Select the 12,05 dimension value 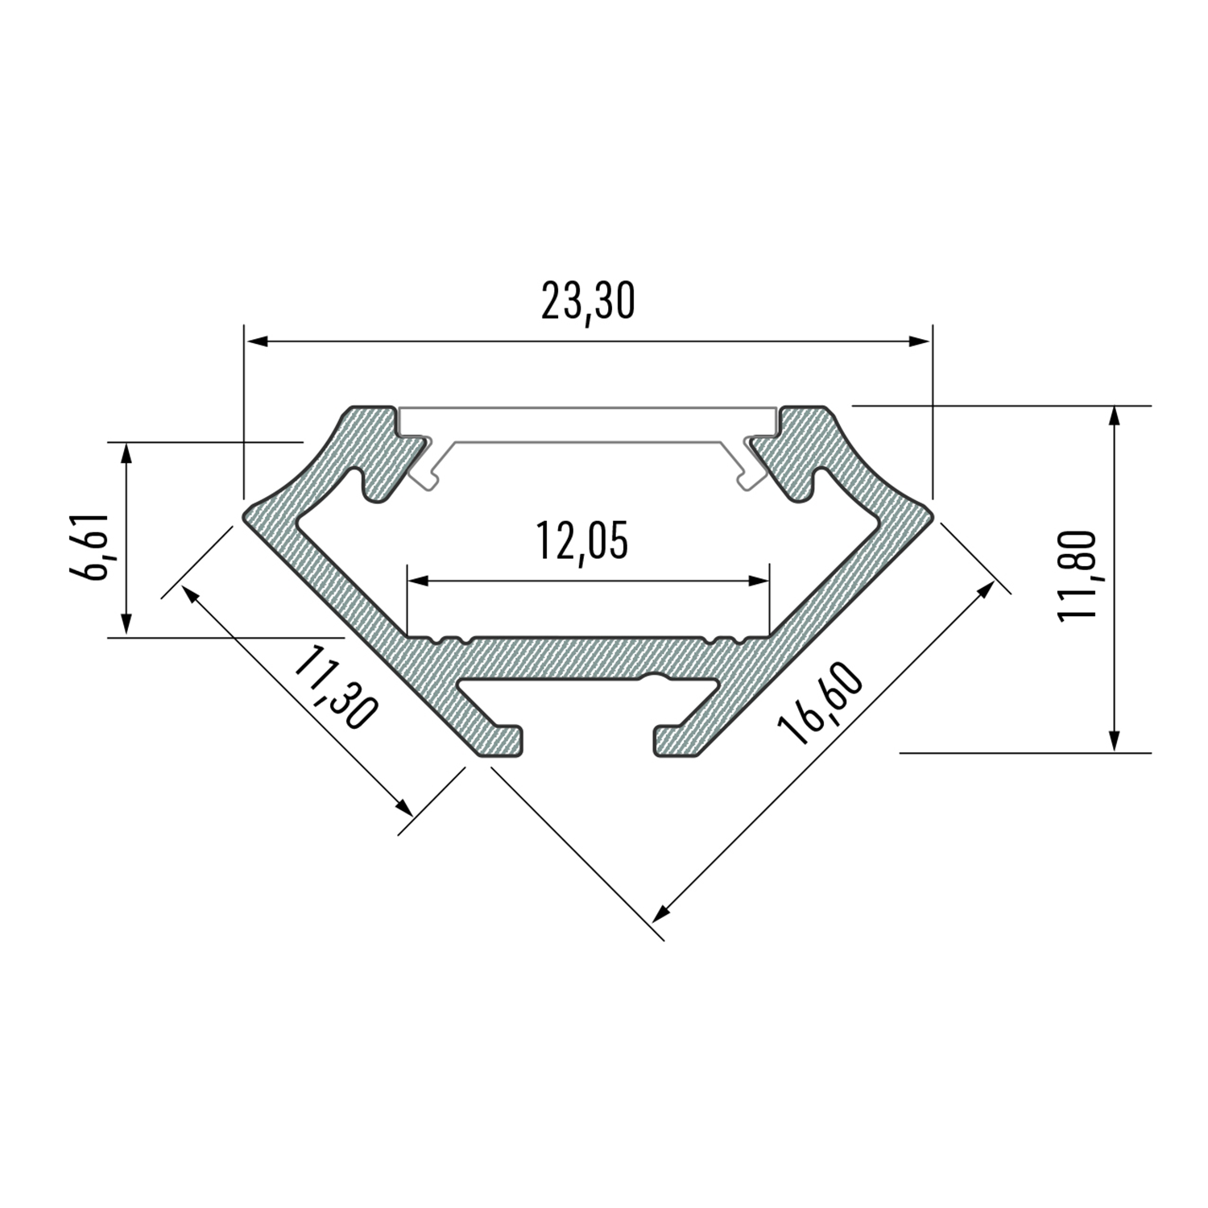click(581, 541)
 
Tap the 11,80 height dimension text click(1078, 575)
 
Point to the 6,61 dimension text click(89, 546)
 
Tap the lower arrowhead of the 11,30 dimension click(403, 806)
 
